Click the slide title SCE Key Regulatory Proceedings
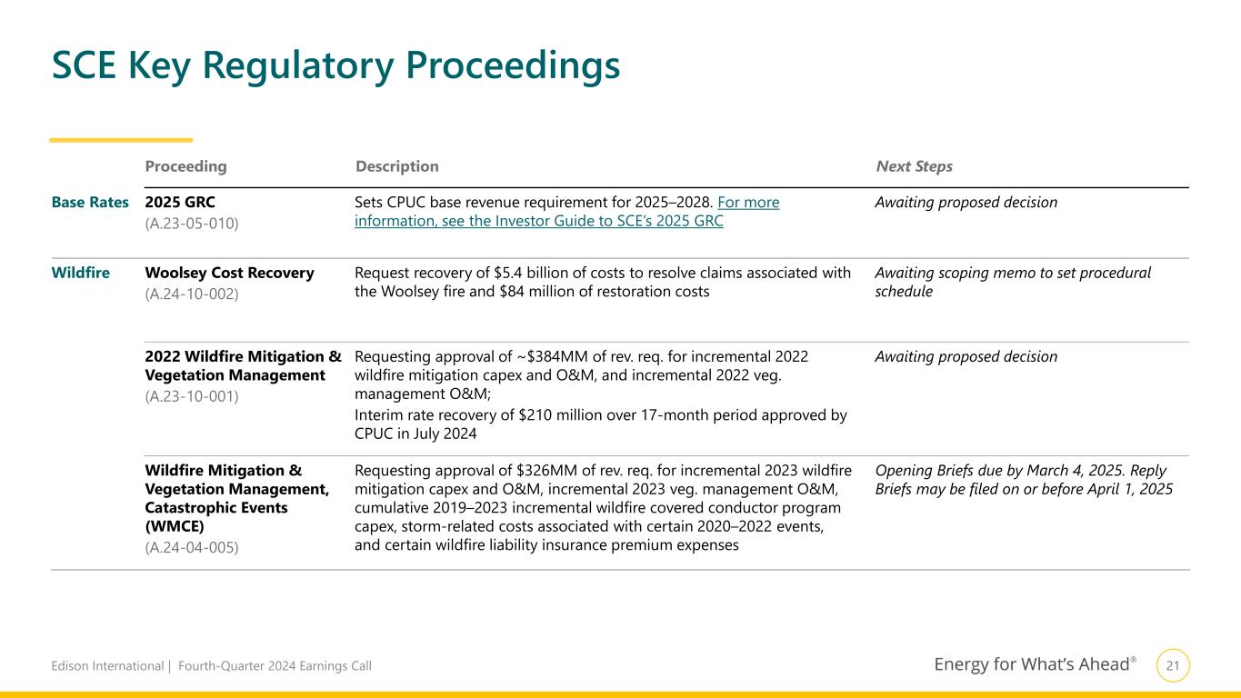pyautogui.click(x=335, y=65)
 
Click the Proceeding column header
pyautogui.click(x=185, y=167)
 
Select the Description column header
pyautogui.click(x=397, y=167)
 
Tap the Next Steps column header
pyautogui.click(x=914, y=167)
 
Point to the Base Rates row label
pyautogui.click(x=90, y=203)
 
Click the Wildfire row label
pyautogui.click(x=81, y=273)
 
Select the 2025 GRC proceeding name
pyautogui.click(x=180, y=203)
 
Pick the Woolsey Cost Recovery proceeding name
pyautogui.click(x=229, y=273)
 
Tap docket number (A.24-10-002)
pyautogui.click(x=192, y=294)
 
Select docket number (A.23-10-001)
pyautogui.click(x=192, y=396)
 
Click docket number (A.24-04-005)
pyautogui.click(x=192, y=547)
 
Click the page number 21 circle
pyautogui.click(x=1173, y=666)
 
